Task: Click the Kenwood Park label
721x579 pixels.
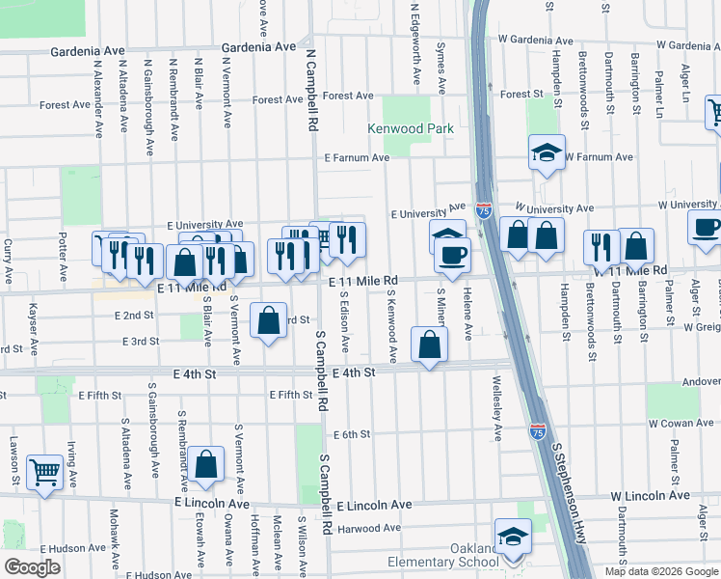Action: click(410, 128)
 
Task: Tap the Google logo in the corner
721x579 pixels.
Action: click(32, 566)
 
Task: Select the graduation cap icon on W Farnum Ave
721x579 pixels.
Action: click(547, 152)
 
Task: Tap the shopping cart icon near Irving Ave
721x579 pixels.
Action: click(44, 472)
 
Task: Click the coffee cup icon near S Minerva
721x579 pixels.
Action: click(452, 254)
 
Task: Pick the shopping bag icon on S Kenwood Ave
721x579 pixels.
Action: click(428, 344)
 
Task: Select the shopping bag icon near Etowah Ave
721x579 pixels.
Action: click(206, 463)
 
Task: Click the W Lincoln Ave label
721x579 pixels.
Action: click(651, 496)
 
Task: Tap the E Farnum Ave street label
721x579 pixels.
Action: click(356, 157)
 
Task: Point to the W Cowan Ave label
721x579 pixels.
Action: click(680, 424)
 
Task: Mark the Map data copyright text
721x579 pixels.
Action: click(661, 571)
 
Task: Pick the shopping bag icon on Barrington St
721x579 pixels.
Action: click(636, 246)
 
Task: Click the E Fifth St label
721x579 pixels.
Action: click(290, 395)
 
